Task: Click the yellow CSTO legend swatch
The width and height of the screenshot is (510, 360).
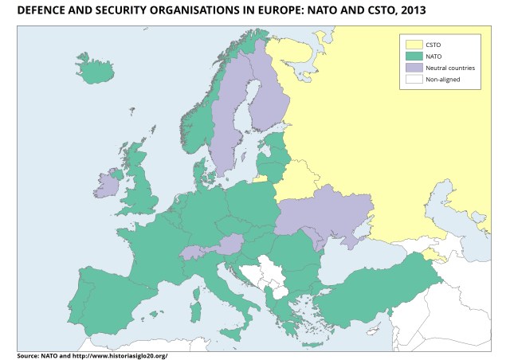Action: [413, 45]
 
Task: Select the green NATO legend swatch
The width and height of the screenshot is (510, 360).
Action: [413, 57]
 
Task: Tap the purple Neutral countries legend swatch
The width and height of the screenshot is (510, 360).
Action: [413, 68]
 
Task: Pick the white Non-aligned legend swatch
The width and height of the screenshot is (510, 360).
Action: [413, 79]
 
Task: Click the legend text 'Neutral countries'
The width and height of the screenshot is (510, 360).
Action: [450, 68]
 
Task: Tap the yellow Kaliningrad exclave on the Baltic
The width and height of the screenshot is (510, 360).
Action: [261, 178]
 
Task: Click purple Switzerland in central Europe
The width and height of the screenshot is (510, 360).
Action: [191, 254]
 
